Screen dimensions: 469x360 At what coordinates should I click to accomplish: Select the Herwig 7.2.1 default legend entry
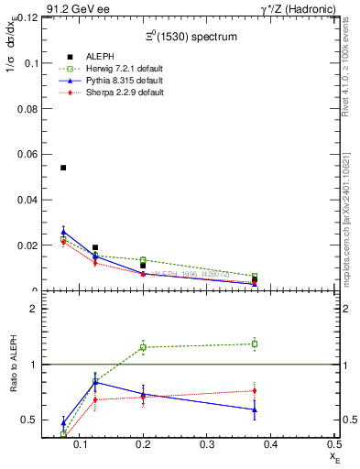[115, 70]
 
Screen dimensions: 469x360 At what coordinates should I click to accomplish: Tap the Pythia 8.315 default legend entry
[115, 82]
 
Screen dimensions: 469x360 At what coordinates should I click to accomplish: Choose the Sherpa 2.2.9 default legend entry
[115, 93]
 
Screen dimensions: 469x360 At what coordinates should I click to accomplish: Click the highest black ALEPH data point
[63, 168]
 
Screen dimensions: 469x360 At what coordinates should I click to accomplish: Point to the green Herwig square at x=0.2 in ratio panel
[143, 347]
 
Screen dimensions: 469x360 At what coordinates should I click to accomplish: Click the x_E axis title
[335, 454]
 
